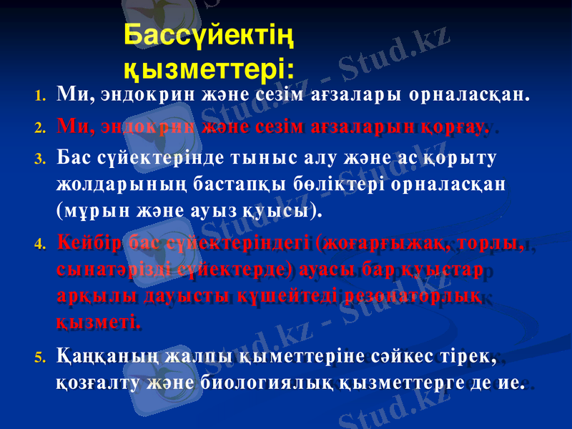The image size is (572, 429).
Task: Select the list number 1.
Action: [x=41, y=95]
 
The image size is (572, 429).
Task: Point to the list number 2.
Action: [x=41, y=129]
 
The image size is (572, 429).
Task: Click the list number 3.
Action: [x=41, y=159]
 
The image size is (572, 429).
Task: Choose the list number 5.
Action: [x=41, y=355]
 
